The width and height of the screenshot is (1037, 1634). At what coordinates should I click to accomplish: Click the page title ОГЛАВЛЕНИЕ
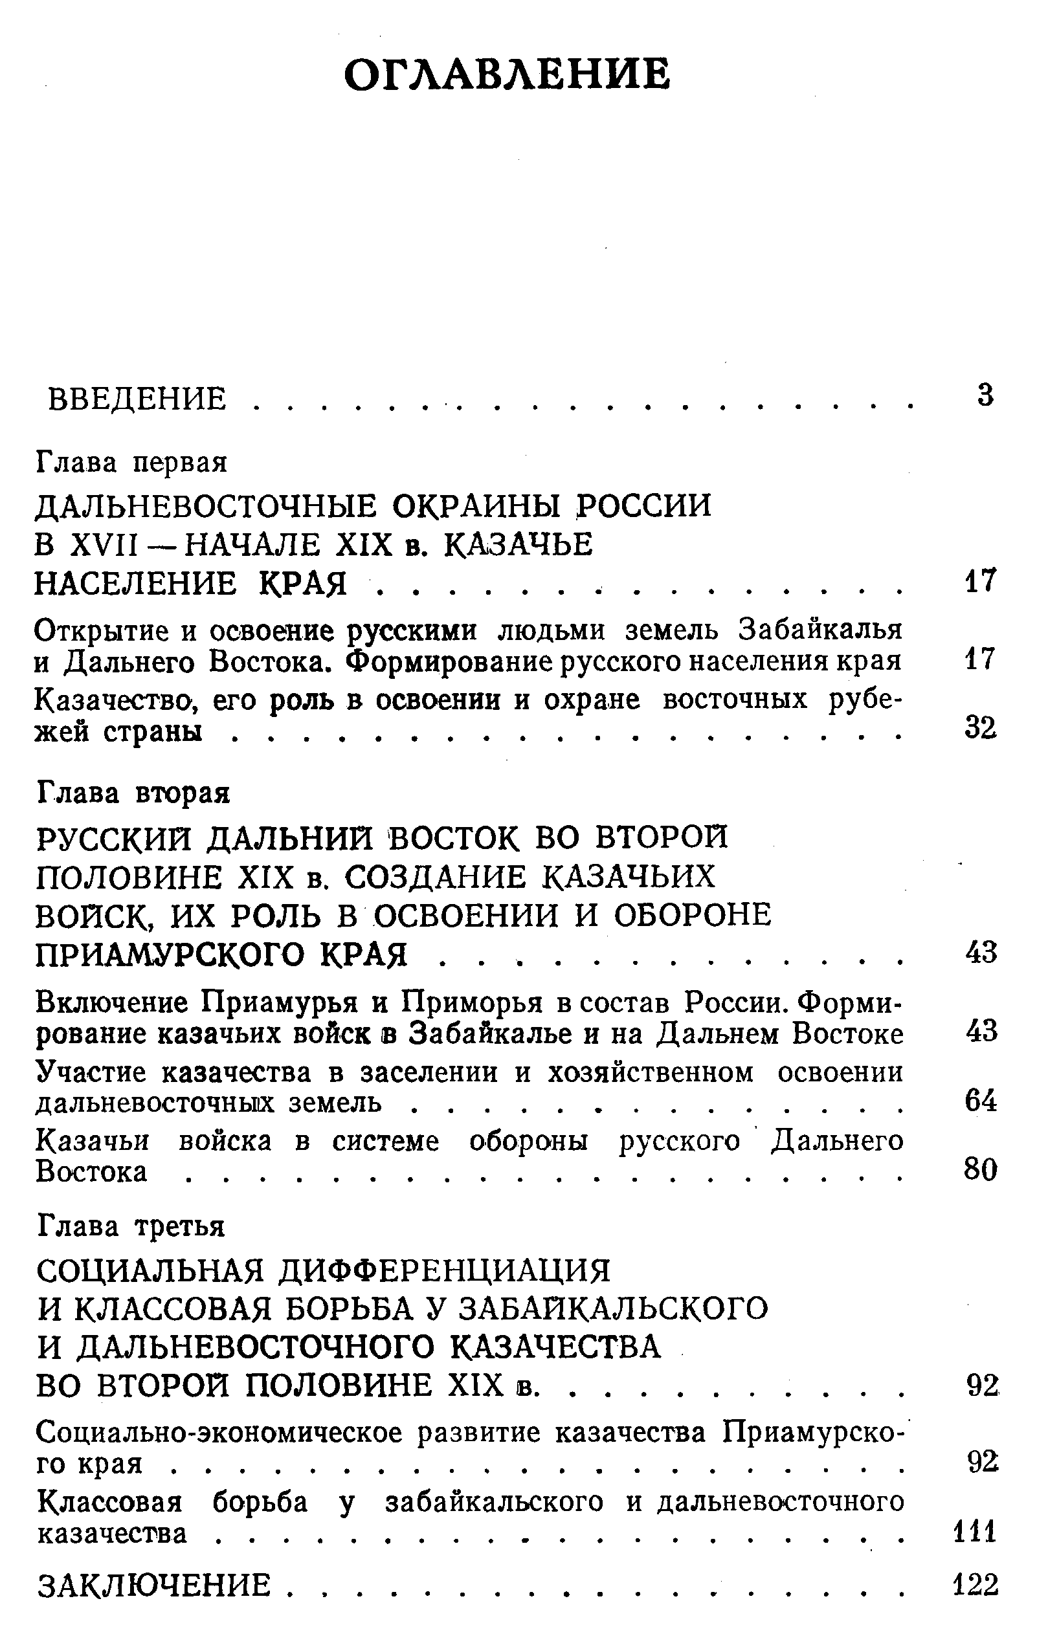[x=507, y=74]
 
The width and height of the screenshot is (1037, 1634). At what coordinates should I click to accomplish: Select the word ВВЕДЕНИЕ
[x=137, y=399]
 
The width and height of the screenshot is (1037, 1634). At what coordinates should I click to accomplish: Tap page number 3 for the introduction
[x=985, y=395]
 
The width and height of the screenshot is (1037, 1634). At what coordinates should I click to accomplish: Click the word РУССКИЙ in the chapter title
[x=115, y=839]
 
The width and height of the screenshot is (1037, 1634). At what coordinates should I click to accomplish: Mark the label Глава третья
[x=131, y=1226]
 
